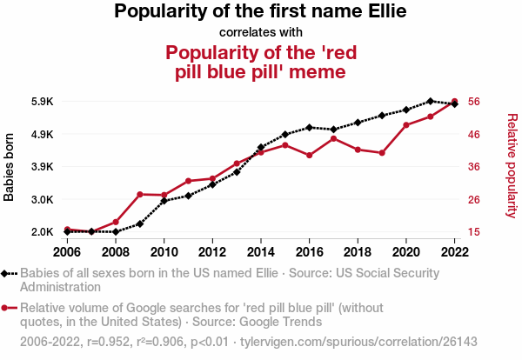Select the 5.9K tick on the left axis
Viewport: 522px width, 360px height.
[x=41, y=102]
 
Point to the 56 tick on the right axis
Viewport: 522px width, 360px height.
[x=474, y=102]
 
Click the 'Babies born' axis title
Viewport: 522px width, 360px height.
[x=10, y=167]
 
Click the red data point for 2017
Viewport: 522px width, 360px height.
[x=333, y=138]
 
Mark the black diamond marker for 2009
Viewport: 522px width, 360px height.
[x=139, y=224]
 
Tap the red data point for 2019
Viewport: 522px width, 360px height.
[x=382, y=153]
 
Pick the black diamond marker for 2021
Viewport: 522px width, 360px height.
[x=431, y=102]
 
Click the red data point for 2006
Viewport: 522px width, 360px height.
[x=67, y=230]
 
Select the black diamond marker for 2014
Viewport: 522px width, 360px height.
[x=260, y=148]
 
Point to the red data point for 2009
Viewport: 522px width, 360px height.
[x=139, y=194]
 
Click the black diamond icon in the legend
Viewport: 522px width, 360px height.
[x=7, y=272]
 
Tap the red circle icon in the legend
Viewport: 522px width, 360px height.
[x=7, y=307]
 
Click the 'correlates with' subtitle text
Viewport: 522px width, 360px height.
[x=260, y=33]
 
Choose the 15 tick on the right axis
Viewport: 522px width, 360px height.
[x=474, y=232]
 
